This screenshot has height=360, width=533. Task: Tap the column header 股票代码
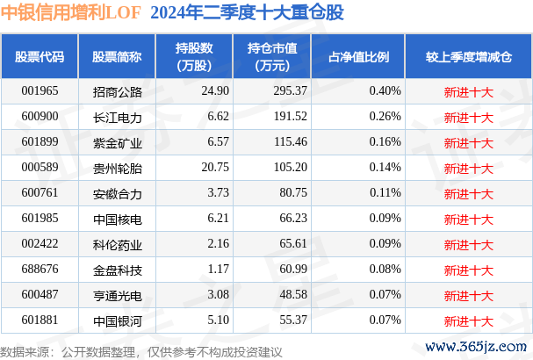point(40,56)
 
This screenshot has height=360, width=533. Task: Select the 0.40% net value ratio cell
point(385,91)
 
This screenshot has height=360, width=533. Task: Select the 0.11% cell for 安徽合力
point(385,191)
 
